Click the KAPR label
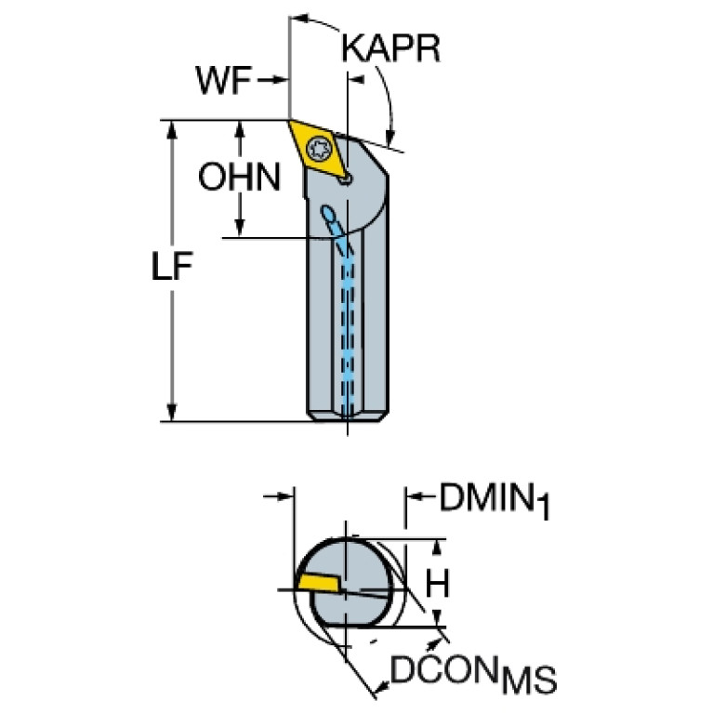390,49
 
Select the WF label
223,82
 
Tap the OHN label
240,176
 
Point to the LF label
172,269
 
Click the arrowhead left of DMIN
415,498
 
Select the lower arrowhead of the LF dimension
172,412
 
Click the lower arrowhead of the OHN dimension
240,227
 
